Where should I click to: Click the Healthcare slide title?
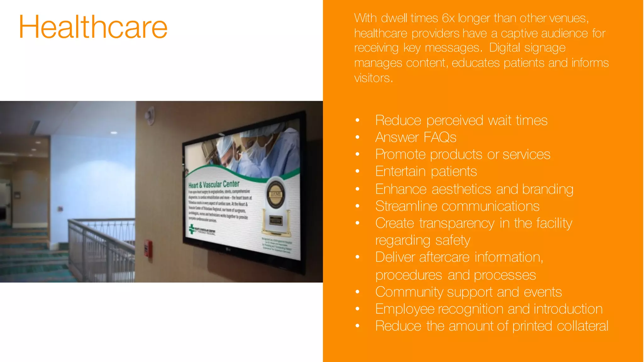click(x=93, y=27)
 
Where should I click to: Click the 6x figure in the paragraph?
click(x=448, y=18)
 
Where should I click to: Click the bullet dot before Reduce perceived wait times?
click(x=357, y=120)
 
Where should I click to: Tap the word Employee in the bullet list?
click(x=405, y=309)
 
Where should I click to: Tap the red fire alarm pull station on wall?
click(x=148, y=249)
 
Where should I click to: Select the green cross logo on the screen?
click(x=192, y=229)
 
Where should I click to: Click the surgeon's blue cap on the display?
click(x=225, y=143)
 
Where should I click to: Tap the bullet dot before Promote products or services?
click(x=357, y=154)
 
